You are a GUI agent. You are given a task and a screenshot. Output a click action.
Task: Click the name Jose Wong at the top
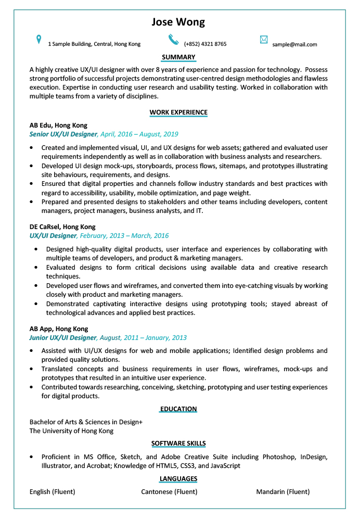coord(178,22)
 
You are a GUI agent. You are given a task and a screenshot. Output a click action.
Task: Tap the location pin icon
coord(38,40)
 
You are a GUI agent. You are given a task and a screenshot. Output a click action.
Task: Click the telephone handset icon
coord(173,40)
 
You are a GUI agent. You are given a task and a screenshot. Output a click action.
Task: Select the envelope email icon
coord(264,40)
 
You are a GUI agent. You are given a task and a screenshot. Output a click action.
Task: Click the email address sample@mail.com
coord(294,44)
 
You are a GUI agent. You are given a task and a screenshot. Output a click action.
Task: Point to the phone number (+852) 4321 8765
coord(205,44)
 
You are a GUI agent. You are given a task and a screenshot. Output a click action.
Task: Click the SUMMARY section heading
coord(178,57)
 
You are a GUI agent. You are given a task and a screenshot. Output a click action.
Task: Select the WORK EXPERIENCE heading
coord(178,112)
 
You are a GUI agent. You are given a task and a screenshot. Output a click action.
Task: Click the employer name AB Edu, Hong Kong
coord(58,125)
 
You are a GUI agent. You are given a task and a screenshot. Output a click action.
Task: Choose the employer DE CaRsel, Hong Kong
coord(62,227)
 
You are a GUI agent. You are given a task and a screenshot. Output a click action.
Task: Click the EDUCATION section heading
coord(178,409)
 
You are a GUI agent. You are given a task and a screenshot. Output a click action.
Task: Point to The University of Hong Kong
coord(71,431)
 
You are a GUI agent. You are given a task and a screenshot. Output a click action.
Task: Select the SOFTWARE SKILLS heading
coord(178,443)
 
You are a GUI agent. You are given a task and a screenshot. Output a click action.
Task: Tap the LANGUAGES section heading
coord(178,479)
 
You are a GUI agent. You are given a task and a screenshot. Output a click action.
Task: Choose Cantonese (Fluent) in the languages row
coord(169,492)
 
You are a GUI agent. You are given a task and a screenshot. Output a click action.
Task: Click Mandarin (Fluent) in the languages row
coord(282,492)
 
